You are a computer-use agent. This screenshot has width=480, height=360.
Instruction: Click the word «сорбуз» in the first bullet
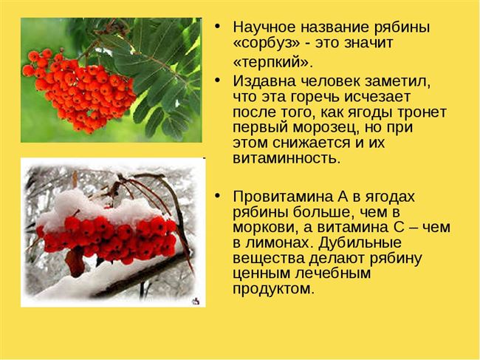[x=266, y=43]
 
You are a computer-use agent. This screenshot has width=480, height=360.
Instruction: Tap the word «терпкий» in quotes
[x=273, y=63]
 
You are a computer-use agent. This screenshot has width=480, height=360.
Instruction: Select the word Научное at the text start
[x=264, y=27]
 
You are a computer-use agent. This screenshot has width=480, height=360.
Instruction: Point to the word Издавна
[x=264, y=81]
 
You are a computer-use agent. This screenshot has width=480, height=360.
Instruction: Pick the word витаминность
[x=287, y=158]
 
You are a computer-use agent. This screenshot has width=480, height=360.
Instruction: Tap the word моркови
[x=269, y=228]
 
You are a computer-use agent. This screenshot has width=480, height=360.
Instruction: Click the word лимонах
[x=281, y=243]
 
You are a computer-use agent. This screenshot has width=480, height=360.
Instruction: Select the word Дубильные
[x=360, y=242]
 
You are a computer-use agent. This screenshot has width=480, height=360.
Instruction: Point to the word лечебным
[x=333, y=274]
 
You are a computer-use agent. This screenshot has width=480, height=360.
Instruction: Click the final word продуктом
[x=273, y=289]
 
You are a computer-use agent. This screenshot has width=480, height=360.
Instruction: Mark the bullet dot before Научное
[x=218, y=27]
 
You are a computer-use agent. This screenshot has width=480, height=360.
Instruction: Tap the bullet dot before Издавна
[x=218, y=81]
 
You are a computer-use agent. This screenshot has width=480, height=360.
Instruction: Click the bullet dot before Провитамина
[x=218, y=195]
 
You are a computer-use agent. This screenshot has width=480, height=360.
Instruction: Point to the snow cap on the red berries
[x=101, y=208]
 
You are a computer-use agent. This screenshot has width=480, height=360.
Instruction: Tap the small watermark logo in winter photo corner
[x=195, y=301]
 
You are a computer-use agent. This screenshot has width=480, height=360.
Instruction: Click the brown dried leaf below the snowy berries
[x=75, y=262]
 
